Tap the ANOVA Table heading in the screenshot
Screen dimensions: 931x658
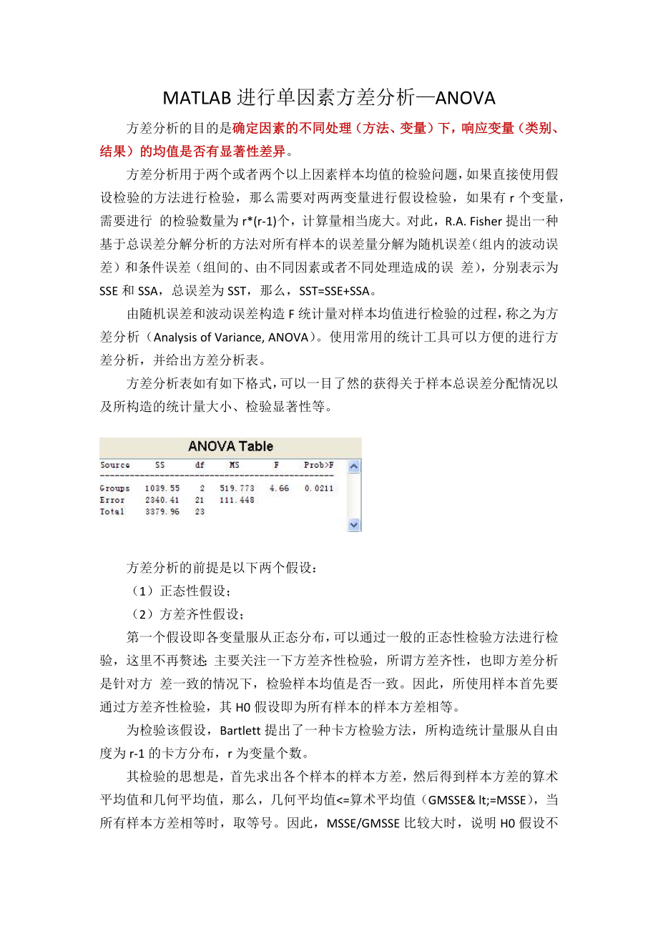[230, 447]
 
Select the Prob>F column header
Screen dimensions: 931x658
[319, 465]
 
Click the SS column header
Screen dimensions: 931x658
[160, 465]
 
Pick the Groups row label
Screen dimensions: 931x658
[115, 488]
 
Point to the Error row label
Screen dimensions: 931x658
[112, 500]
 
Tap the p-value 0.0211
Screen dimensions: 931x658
[319, 488]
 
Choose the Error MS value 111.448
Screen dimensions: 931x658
[236, 500]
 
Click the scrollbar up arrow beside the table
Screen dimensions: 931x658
[354, 466]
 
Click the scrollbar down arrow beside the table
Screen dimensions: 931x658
[354, 524]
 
